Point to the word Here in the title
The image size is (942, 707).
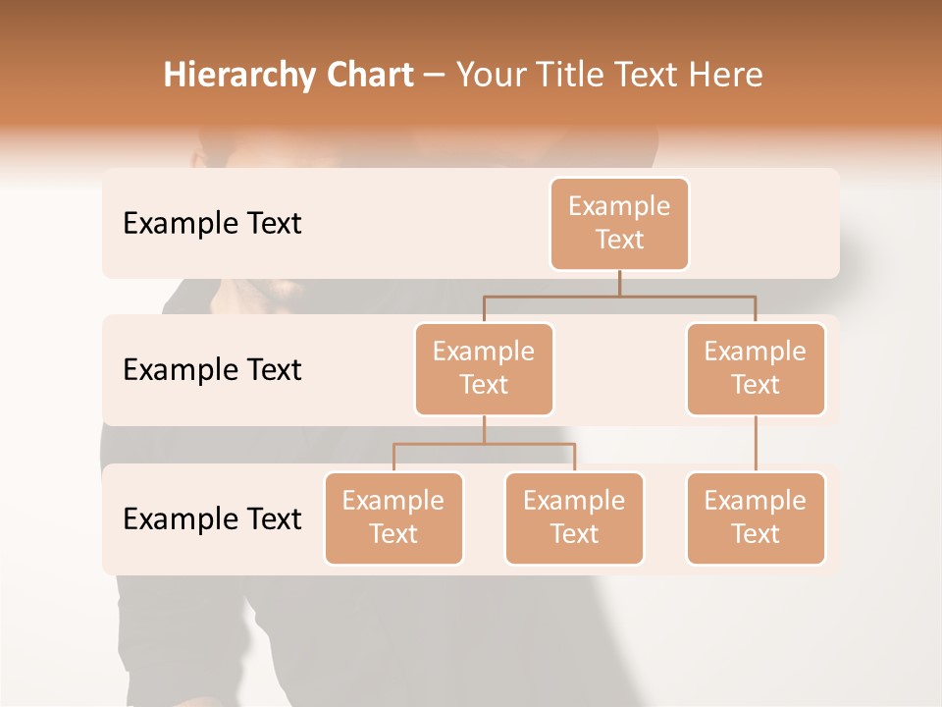click(x=726, y=76)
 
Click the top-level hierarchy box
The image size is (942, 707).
click(x=619, y=223)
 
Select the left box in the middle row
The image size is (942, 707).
click(x=484, y=368)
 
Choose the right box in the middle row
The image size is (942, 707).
click(x=756, y=368)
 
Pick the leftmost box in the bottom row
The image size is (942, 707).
click(x=393, y=517)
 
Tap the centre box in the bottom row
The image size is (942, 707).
click(x=574, y=517)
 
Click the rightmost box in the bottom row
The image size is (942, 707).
click(x=756, y=517)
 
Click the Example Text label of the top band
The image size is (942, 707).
click(x=212, y=223)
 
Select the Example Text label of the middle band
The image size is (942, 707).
click(x=212, y=369)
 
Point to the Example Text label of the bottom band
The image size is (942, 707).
click(x=212, y=518)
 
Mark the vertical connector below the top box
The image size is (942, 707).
click(x=619, y=283)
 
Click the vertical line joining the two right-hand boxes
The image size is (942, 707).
click(x=756, y=443)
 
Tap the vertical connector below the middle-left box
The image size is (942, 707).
click(x=484, y=429)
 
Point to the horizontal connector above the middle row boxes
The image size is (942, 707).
click(x=687, y=296)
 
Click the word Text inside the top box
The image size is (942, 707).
click(x=619, y=240)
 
